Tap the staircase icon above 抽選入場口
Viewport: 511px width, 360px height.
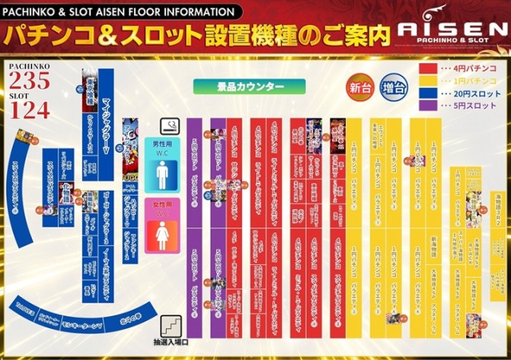coord(173,326)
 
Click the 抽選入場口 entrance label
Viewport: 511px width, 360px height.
coord(173,342)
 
